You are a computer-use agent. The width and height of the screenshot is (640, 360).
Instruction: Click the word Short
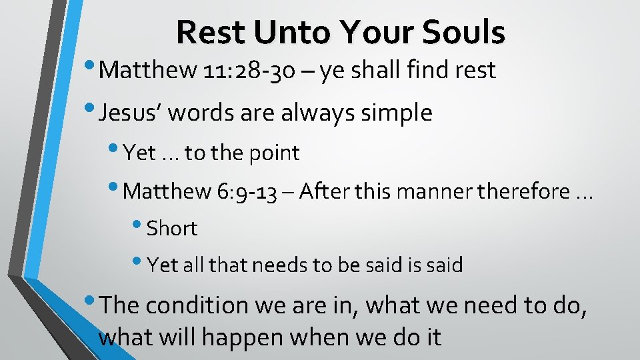click(x=172, y=229)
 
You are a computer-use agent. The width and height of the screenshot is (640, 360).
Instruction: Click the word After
click(x=322, y=191)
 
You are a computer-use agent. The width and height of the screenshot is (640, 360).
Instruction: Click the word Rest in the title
click(x=207, y=32)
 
